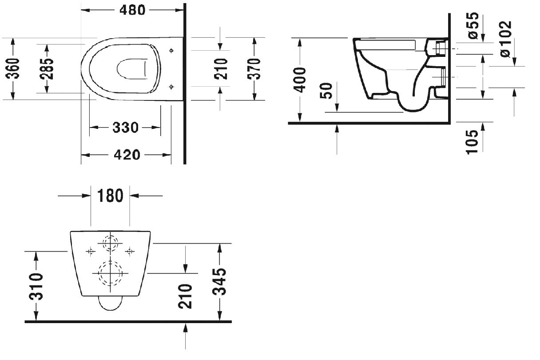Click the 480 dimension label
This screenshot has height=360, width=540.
(132, 10)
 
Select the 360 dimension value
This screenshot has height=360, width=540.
(12, 69)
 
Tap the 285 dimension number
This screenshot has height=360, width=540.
(47, 69)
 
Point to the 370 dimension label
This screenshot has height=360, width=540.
(254, 69)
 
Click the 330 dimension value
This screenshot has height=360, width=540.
(126, 128)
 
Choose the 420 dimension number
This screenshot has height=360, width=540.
(127, 155)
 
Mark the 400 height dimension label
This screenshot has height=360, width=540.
(300, 80)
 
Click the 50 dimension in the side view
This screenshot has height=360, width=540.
(326, 91)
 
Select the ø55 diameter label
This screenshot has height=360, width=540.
(473, 26)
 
